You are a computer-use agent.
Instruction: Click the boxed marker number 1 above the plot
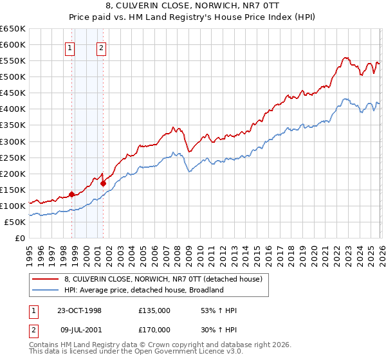(x=69, y=46)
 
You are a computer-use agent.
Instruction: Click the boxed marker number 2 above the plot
(x=102, y=46)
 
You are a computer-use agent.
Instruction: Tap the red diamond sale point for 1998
(x=71, y=194)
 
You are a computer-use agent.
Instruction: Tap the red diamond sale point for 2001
(x=103, y=183)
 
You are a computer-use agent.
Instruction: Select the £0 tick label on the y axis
(x=20, y=238)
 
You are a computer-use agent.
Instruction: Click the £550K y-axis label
(x=13, y=61)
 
